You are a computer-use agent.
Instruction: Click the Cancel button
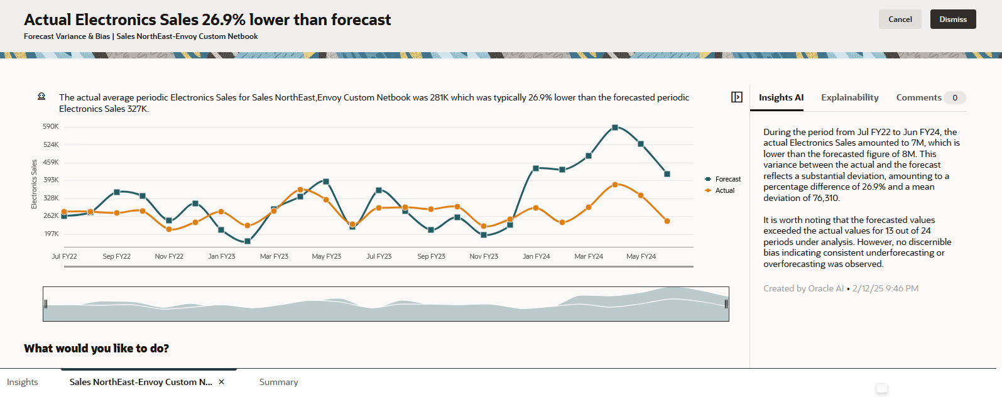click(x=900, y=19)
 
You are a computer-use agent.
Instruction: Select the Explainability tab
click(x=849, y=97)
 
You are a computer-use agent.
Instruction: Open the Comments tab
click(x=918, y=97)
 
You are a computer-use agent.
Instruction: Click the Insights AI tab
click(x=781, y=97)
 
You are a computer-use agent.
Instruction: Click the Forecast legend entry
click(x=727, y=179)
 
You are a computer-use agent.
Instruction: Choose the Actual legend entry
click(x=724, y=190)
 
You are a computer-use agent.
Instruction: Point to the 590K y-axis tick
click(x=50, y=126)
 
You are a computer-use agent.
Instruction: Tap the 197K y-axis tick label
click(x=51, y=234)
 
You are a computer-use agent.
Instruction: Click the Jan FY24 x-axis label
click(x=536, y=256)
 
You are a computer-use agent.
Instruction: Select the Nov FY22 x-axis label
click(x=169, y=256)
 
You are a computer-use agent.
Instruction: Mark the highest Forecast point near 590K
click(x=615, y=128)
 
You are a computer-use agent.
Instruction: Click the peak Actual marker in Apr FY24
click(x=615, y=184)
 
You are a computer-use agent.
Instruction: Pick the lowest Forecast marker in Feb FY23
click(x=248, y=241)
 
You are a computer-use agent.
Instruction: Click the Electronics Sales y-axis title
click(x=35, y=184)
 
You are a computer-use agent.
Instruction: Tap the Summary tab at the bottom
click(x=278, y=382)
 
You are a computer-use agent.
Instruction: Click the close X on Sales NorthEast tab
click(x=221, y=382)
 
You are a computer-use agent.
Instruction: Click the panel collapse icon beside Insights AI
click(x=737, y=97)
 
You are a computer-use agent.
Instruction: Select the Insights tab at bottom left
click(x=22, y=382)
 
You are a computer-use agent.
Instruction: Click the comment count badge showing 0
click(x=955, y=97)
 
